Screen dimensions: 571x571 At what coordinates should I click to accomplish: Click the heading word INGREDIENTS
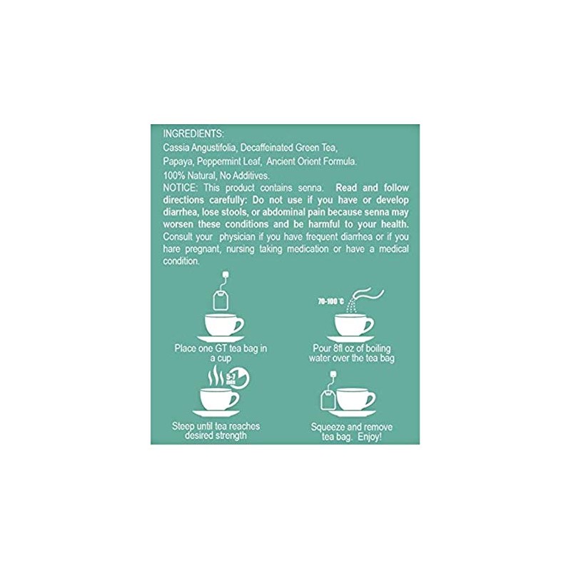tap(193, 133)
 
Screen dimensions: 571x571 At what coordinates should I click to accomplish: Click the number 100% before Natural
tap(174, 175)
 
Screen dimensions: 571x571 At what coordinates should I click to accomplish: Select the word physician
tap(228, 236)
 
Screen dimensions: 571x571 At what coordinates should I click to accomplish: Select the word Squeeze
tap(329, 427)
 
